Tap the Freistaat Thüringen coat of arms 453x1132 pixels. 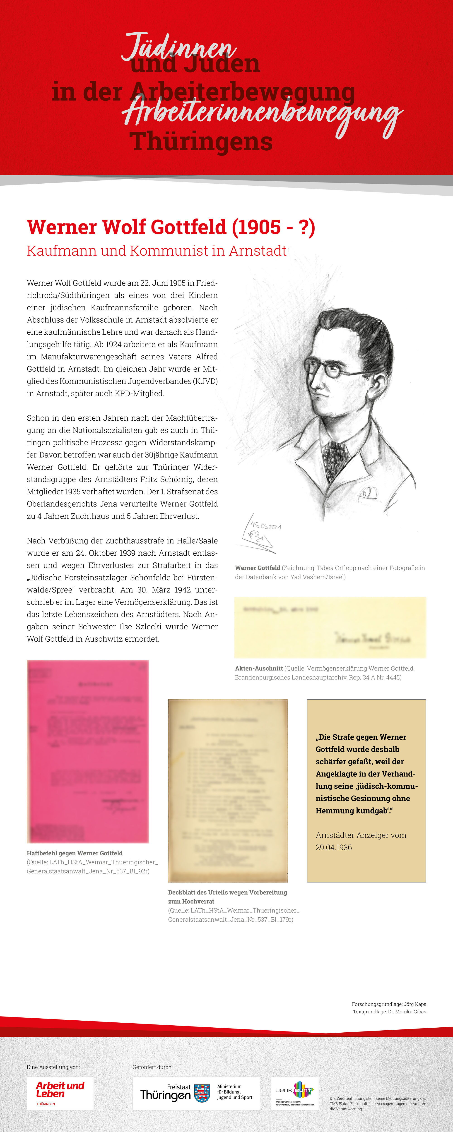coord(202,1092)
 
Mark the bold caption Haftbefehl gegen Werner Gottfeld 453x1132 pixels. coord(75,853)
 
